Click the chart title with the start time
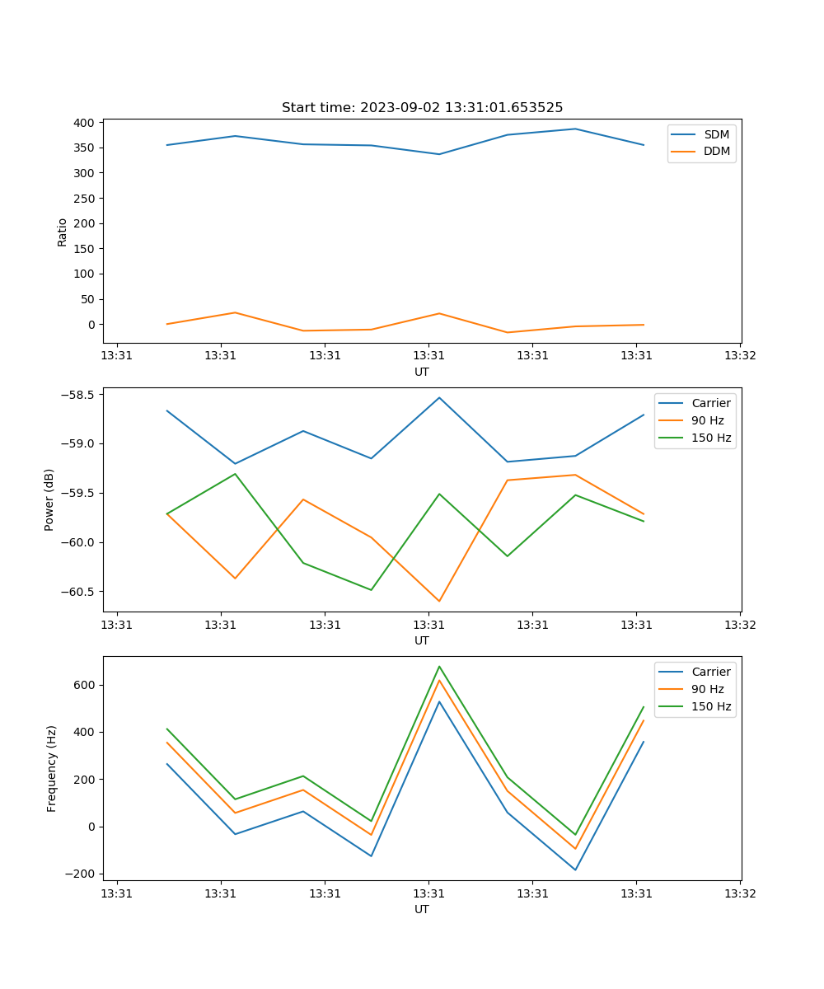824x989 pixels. click(422, 108)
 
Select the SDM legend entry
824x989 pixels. click(716, 134)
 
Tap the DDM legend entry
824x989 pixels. click(716, 152)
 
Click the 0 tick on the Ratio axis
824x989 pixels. click(91, 325)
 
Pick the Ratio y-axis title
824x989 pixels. click(63, 232)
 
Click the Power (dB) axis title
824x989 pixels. click(49, 499)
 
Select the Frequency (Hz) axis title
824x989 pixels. click(51, 768)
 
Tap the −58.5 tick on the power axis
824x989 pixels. click(78, 394)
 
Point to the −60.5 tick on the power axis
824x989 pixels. click(78, 592)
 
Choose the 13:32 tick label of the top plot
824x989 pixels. click(739, 356)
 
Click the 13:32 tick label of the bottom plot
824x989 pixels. click(739, 893)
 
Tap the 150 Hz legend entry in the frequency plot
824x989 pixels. click(711, 706)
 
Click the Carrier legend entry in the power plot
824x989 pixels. click(711, 403)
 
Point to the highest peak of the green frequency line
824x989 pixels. click(439, 666)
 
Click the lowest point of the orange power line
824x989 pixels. click(439, 601)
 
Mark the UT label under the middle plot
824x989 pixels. click(422, 640)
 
